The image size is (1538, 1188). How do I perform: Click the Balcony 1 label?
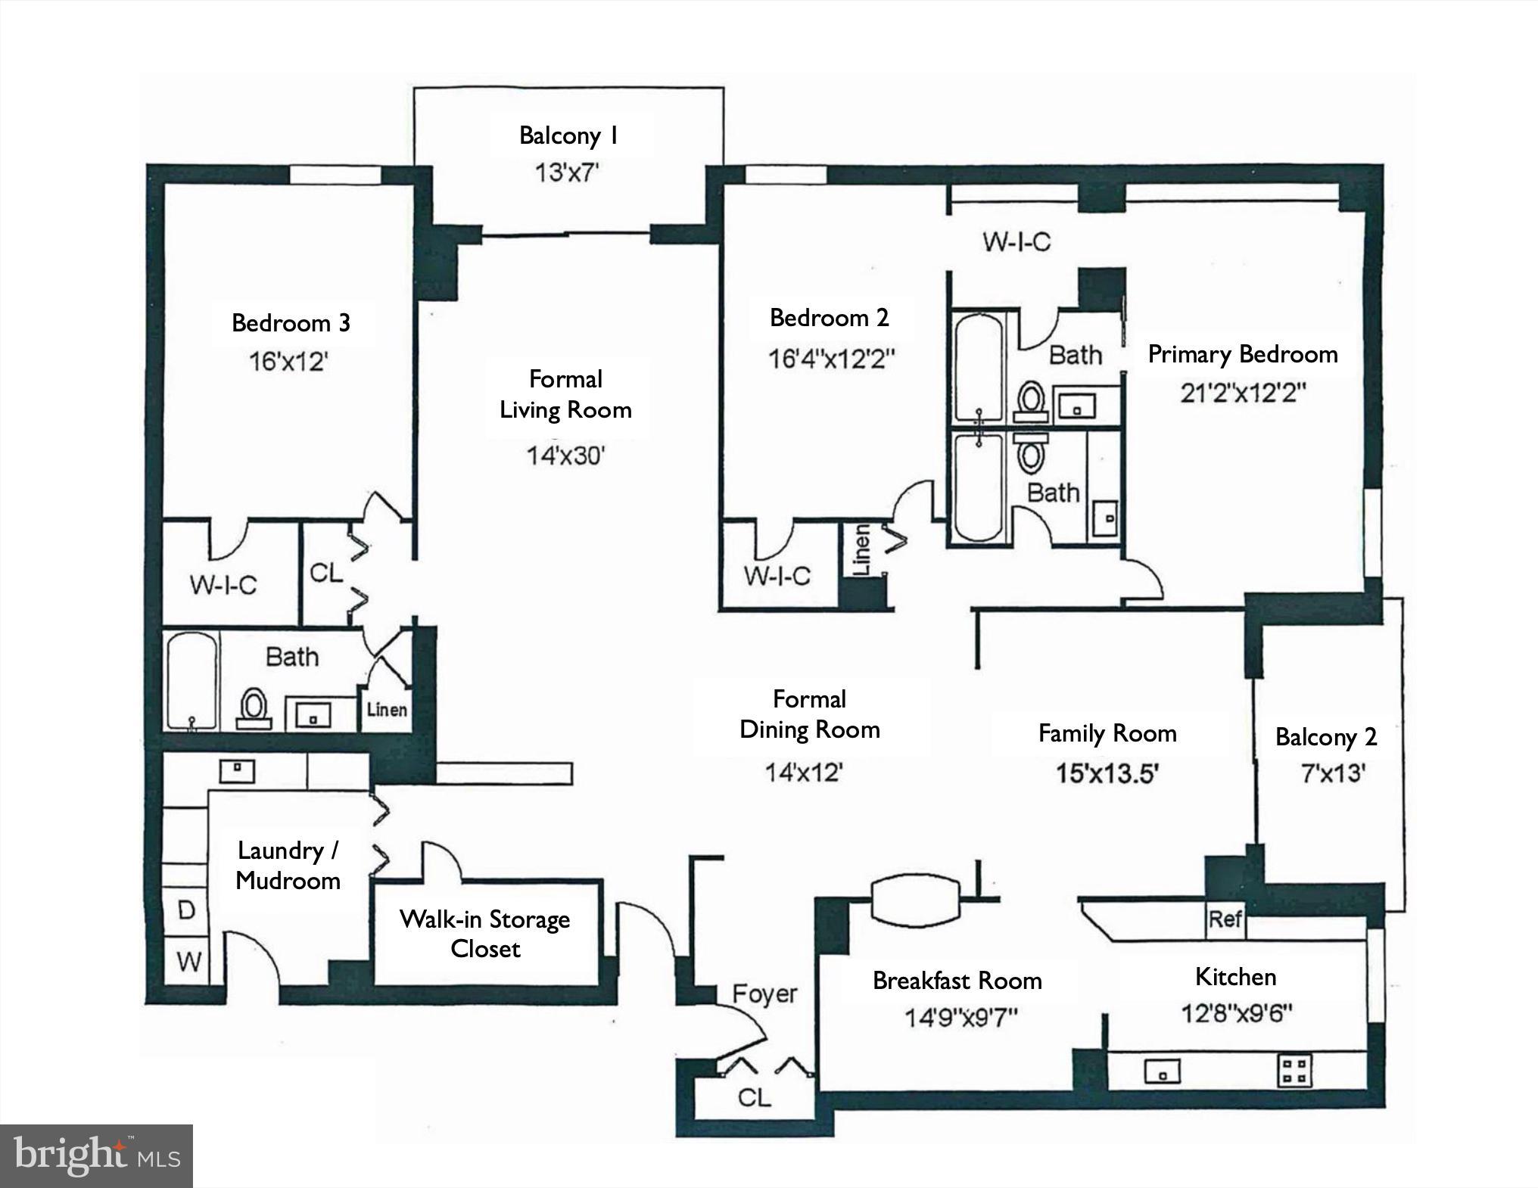point(569,136)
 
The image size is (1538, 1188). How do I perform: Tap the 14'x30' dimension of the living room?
point(566,456)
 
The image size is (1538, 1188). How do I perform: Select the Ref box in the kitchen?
point(1225,919)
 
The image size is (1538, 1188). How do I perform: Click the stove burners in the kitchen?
point(1294,1071)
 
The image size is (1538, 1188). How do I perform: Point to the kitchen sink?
point(1162,1071)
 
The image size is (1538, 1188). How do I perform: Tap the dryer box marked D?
point(186,911)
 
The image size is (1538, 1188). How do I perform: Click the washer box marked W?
point(188,962)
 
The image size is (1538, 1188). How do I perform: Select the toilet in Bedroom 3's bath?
point(254,708)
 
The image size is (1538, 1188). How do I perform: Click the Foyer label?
point(764,994)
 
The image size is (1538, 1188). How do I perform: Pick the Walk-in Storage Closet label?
point(485,934)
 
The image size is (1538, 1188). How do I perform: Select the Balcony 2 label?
point(1326,737)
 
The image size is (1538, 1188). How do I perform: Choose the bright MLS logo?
point(97,1155)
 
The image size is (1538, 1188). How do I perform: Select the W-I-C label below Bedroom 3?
point(223,585)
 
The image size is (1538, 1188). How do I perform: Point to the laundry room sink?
point(237,771)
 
